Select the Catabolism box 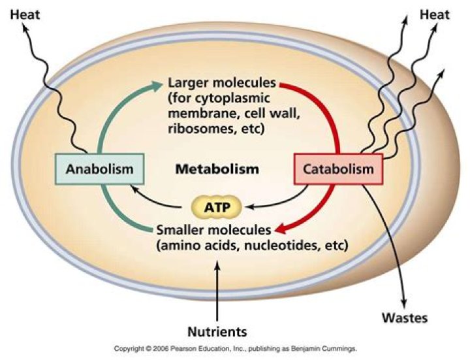[339, 169]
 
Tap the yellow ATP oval [216, 208]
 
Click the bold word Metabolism [217, 169]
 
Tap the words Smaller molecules [213, 230]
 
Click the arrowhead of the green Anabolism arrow [158, 84]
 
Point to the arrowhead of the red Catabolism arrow [278, 229]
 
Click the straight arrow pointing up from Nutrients [217, 287]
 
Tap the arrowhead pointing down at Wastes [404, 303]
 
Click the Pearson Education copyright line [235, 350]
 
